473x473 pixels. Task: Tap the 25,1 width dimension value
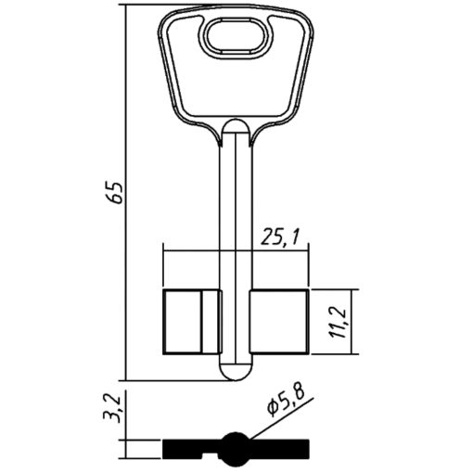(280, 237)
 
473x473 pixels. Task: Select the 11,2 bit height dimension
(339, 323)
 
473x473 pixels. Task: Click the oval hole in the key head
(236, 38)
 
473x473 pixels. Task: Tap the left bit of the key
(192, 322)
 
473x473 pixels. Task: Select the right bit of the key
(279, 322)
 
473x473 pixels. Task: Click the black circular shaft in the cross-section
(236, 449)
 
